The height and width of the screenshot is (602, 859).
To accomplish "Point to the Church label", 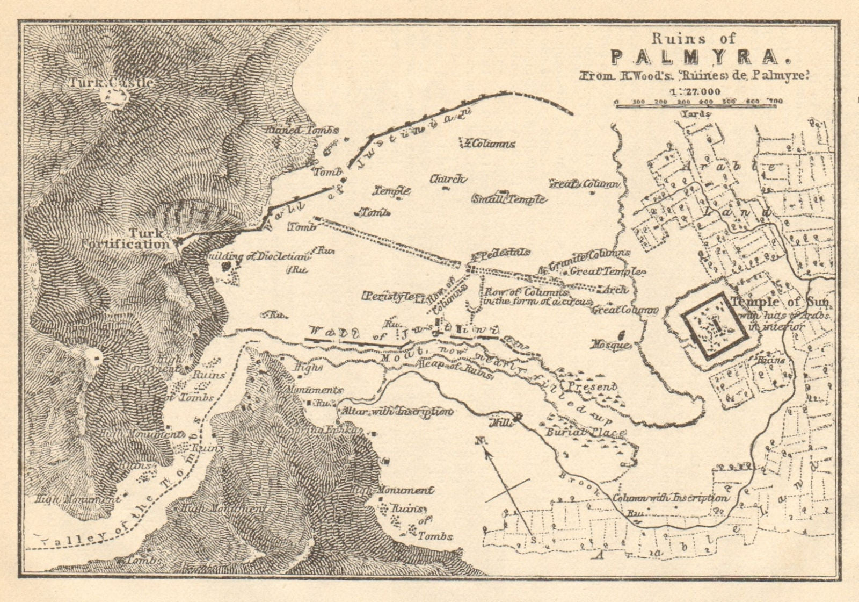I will coord(447,180).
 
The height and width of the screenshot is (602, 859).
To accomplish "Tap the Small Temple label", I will coord(508,199).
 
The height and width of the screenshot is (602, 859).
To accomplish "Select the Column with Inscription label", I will coord(671,498).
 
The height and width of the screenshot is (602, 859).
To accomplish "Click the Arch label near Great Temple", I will coord(615,289).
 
